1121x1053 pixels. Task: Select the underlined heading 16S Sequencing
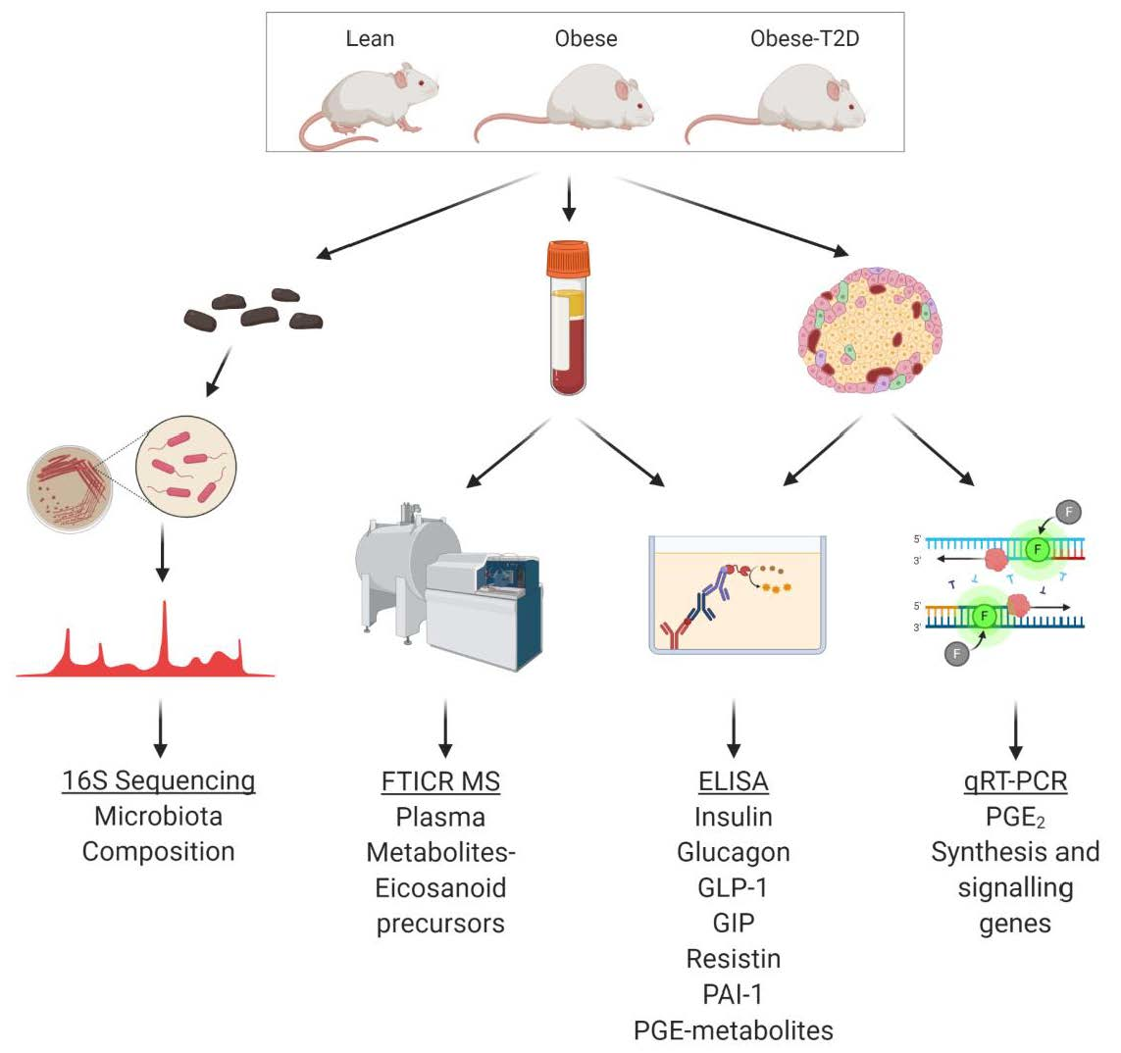159,780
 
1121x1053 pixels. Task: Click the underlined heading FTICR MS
440,781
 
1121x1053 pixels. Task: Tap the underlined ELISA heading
733,781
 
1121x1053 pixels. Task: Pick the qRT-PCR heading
1015,781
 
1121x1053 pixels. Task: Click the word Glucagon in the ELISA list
733,852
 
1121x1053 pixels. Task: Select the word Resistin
733,959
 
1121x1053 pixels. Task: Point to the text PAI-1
733,994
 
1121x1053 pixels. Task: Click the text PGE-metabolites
733,1030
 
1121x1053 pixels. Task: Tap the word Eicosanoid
440,888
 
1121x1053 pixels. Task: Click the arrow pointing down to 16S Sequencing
162,728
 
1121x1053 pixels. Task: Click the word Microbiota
159,816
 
